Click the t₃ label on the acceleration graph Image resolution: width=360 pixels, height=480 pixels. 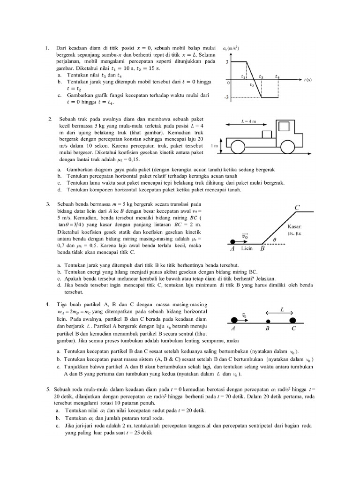coord(261,76)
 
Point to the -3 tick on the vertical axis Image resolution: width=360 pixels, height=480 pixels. coord(227,97)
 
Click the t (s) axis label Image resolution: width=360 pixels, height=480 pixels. coord(308,80)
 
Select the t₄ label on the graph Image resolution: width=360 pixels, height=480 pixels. coord(278,76)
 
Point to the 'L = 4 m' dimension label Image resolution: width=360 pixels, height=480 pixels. coord(248,121)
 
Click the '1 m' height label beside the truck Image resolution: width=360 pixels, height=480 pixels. coord(215,146)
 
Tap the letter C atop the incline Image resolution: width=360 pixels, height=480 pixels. coord(297,207)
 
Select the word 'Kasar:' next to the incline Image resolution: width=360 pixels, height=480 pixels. coord(296,225)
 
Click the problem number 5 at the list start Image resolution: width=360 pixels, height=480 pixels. coord(48,390)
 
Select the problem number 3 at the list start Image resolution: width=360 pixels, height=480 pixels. coord(48,204)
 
